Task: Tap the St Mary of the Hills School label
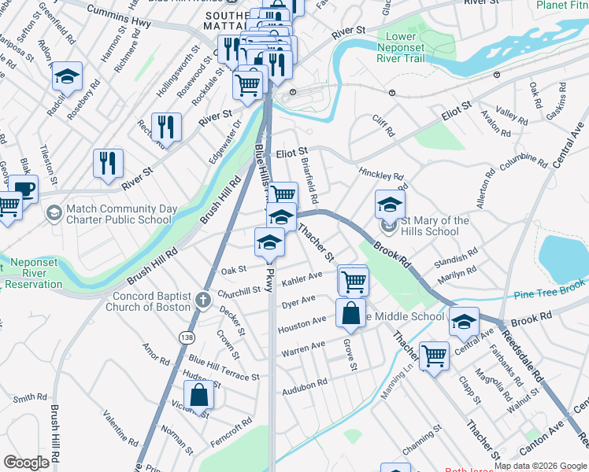tap(430, 226)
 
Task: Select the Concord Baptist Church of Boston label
tap(152, 301)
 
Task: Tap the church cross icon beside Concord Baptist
tap(203, 299)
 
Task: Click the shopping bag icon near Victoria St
tap(199, 395)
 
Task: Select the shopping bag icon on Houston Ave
tap(350, 312)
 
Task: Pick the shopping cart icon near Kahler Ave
tap(354, 279)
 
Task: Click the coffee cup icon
tap(24, 189)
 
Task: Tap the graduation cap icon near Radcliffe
tap(67, 76)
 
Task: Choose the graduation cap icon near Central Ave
tap(465, 321)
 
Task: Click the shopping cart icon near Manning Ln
tap(434, 356)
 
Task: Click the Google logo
tap(27, 462)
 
